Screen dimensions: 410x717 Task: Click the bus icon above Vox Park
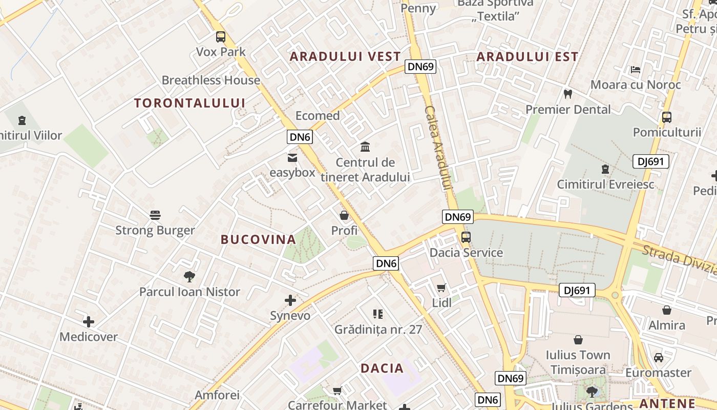pyautogui.click(x=221, y=37)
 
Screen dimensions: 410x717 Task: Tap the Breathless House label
pyautogui.click(x=211, y=80)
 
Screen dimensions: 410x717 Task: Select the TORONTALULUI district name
pyautogui.click(x=190, y=103)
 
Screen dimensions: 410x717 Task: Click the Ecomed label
pyautogui.click(x=318, y=116)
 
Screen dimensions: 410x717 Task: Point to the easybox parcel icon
pyautogui.click(x=292, y=157)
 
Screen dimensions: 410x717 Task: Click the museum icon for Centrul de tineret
pyautogui.click(x=365, y=147)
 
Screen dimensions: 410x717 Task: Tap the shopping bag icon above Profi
pyautogui.click(x=344, y=215)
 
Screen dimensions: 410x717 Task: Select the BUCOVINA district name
pyautogui.click(x=259, y=239)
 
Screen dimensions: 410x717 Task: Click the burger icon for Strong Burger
pyautogui.click(x=155, y=215)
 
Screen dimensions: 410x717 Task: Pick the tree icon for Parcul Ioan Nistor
pyautogui.click(x=189, y=277)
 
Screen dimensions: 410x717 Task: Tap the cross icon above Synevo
pyautogui.click(x=290, y=300)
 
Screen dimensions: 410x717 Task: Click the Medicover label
pyautogui.click(x=89, y=337)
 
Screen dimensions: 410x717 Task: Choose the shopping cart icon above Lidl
pyautogui.click(x=441, y=288)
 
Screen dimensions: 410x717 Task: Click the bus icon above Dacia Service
pyautogui.click(x=466, y=237)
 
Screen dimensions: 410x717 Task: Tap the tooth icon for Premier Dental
pyautogui.click(x=567, y=94)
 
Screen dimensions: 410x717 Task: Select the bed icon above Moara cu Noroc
pyautogui.click(x=636, y=70)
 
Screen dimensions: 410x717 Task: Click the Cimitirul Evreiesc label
pyautogui.click(x=605, y=184)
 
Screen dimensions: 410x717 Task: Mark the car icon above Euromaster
pyautogui.click(x=658, y=358)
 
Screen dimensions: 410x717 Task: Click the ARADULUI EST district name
pyautogui.click(x=528, y=57)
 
